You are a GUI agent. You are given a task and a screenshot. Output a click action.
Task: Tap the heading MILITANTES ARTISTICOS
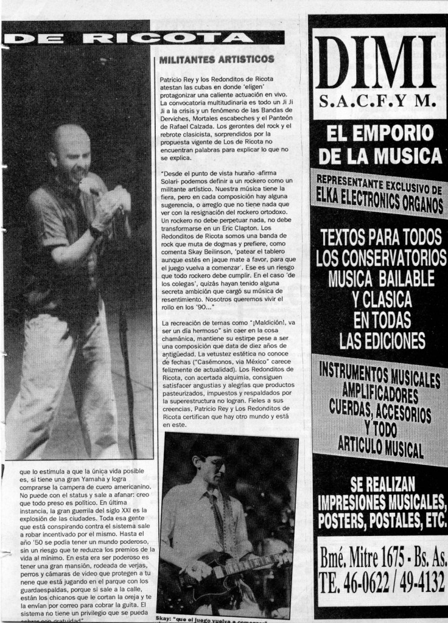(215, 60)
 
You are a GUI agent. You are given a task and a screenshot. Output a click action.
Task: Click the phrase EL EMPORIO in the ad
(379, 133)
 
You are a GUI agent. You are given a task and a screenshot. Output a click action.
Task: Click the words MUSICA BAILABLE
(381, 279)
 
